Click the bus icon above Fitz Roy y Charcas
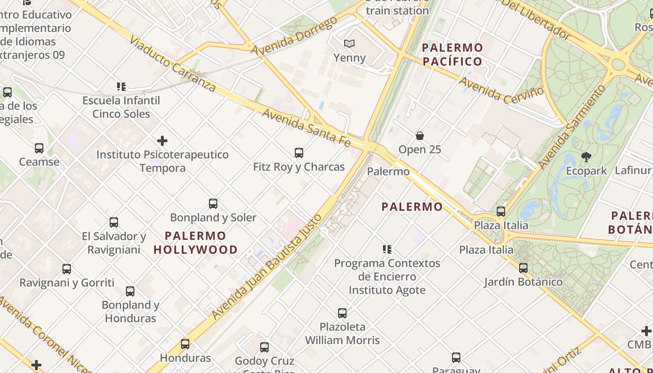coord(299,152)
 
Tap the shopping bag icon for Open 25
coord(420,136)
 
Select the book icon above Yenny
coord(349,44)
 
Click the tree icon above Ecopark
coord(586,157)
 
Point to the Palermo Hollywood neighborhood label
coord(196,242)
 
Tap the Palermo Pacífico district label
coord(452,55)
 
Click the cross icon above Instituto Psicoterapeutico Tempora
coord(162,140)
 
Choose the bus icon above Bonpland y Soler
coord(213,204)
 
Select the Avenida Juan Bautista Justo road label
coord(267,266)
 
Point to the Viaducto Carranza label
coord(173,63)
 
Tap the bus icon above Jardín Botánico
coord(523,268)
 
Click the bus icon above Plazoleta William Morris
coord(342,313)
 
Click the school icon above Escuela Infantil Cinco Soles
coord(121,87)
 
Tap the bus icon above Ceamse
coord(39,148)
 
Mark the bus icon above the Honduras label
coord(185,344)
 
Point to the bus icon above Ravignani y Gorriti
coord(67,269)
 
